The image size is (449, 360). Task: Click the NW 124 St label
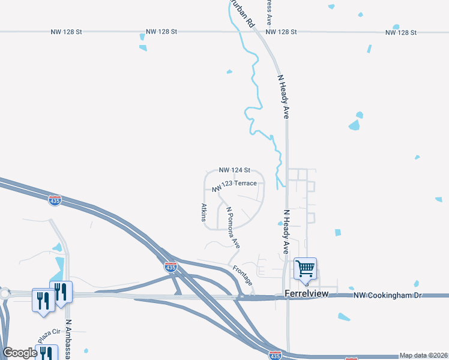tap(234, 170)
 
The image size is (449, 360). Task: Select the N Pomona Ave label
tap(233, 228)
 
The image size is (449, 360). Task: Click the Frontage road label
tap(243, 275)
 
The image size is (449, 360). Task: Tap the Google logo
tap(20, 353)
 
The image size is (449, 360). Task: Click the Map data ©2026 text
tap(423, 355)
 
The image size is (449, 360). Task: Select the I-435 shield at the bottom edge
tap(275, 355)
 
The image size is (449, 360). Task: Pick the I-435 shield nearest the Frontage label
tap(170, 268)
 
